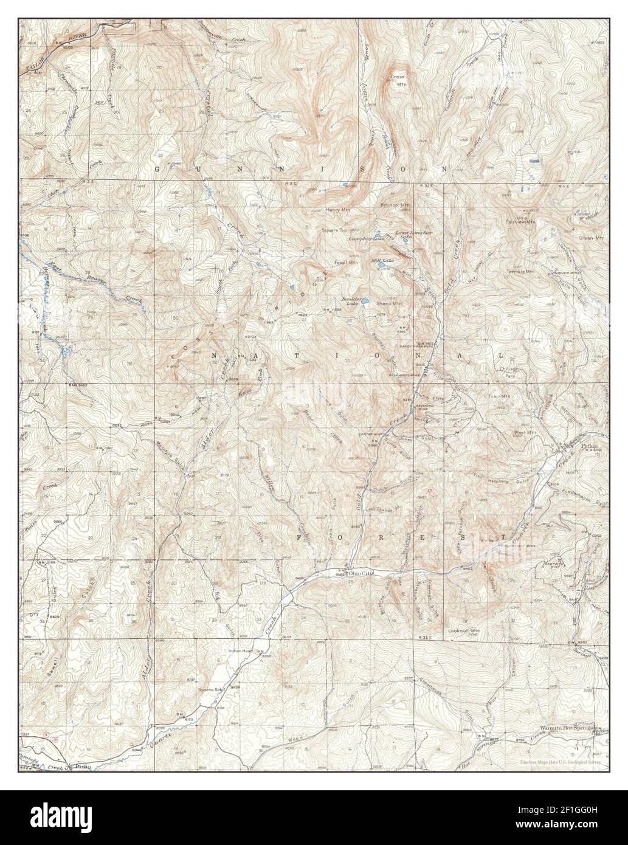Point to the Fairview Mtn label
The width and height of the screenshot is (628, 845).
pos(523,222)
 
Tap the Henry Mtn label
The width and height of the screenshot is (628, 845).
pos(338,210)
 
